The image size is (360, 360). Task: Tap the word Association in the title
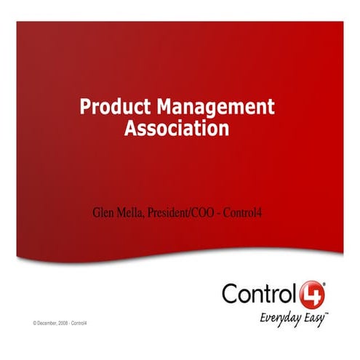[x=177, y=129]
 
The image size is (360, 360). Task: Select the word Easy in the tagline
[x=313, y=317]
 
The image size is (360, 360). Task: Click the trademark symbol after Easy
[x=327, y=313]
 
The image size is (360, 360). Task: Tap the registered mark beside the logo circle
[x=324, y=284]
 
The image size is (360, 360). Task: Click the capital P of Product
[x=84, y=108]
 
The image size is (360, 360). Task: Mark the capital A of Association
[x=131, y=129]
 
